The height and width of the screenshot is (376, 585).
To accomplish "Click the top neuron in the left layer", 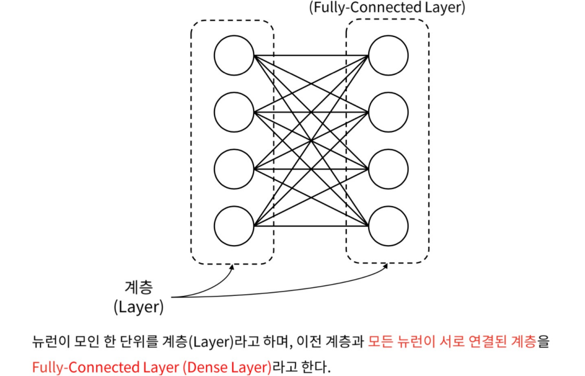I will [x=234, y=56].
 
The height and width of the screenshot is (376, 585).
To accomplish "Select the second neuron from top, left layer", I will [x=234, y=112].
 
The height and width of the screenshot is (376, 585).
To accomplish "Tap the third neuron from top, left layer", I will [x=234, y=168].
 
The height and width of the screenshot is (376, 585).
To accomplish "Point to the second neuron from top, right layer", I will [x=388, y=112].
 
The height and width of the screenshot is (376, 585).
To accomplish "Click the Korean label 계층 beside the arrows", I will [x=139, y=287].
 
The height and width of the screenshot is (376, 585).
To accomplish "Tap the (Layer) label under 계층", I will [x=139, y=307].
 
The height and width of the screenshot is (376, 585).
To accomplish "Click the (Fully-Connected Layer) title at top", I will [x=386, y=8].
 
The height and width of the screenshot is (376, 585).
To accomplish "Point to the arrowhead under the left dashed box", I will [x=233, y=267].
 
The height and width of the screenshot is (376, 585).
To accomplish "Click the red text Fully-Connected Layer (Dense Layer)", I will [x=152, y=367].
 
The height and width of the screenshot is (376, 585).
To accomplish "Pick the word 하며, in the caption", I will [x=276, y=342].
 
